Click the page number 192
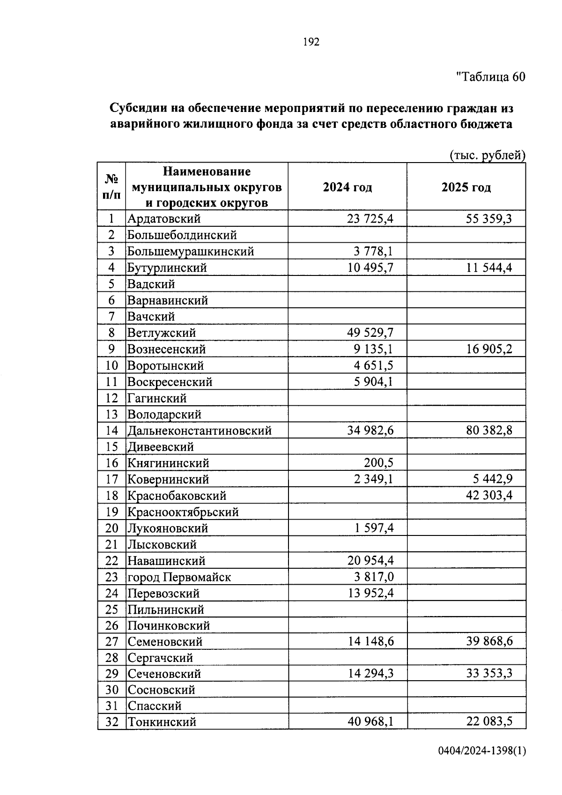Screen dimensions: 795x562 click(x=311, y=42)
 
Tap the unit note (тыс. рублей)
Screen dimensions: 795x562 click(x=487, y=155)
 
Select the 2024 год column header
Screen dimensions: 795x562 click(x=347, y=187)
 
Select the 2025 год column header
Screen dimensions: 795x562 click(x=466, y=187)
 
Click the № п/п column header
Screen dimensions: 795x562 click(x=111, y=186)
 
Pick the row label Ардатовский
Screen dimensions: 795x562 click(x=164, y=219)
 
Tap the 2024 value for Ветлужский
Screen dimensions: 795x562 click(x=370, y=333)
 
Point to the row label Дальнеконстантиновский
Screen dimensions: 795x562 click(x=200, y=431)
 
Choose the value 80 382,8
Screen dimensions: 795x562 click(x=489, y=431)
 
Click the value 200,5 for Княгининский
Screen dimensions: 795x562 click(x=378, y=463)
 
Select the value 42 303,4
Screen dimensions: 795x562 click(x=489, y=496)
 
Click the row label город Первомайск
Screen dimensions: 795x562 click(x=179, y=577)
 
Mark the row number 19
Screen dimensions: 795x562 click(x=111, y=512)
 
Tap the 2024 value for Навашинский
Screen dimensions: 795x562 click(x=370, y=561)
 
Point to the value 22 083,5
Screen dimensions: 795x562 click(x=489, y=722)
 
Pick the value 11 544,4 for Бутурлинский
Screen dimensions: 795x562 click(x=489, y=268)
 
